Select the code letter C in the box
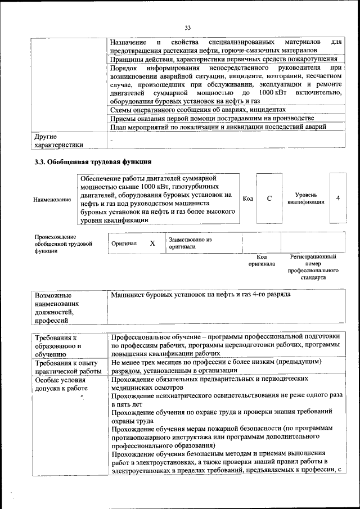(269, 198)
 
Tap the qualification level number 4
(337, 198)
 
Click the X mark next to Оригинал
(152, 243)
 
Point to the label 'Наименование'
(52, 199)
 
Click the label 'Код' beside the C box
(247, 198)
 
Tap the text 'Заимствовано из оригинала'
(190, 243)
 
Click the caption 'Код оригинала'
(262, 260)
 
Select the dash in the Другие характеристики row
(112, 141)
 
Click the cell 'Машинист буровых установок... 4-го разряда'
(200, 294)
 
